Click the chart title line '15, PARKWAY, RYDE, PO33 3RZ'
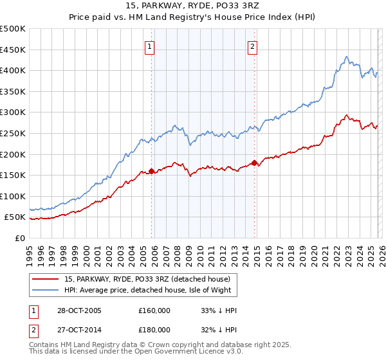click(192, 7)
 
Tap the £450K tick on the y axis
click(13, 50)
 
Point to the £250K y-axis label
click(13, 133)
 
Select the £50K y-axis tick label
click(15, 217)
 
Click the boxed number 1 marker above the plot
click(149, 46)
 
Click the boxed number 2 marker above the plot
click(252, 46)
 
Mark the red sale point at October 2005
click(152, 171)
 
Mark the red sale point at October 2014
click(254, 163)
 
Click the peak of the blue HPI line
click(346, 57)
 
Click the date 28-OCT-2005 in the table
click(78, 310)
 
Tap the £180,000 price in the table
click(154, 329)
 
